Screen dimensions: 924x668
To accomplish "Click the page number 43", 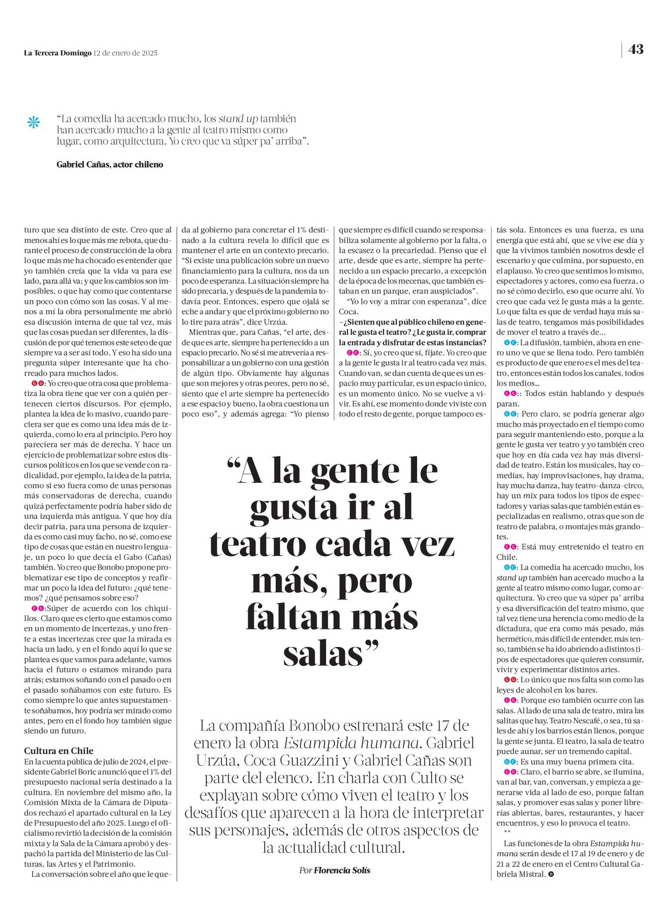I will click(636, 50).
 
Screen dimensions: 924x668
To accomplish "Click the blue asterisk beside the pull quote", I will click(34, 122).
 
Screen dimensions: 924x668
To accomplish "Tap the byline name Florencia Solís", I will click(342, 870).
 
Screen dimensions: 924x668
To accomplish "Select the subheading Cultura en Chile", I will click(59, 751).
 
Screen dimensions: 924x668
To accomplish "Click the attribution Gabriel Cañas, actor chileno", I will click(109, 165).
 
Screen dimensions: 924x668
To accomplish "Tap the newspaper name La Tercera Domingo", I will click(57, 53).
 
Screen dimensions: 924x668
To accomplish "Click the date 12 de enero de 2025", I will click(126, 53).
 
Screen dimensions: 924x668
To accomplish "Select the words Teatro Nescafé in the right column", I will click(557, 721).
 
